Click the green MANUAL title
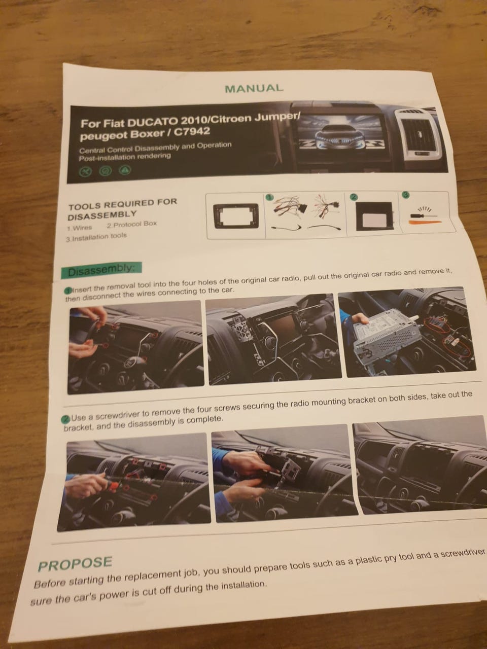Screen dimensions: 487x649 [x=254, y=88]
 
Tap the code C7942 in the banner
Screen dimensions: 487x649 [x=192, y=131]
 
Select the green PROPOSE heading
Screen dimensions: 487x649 [x=75, y=563]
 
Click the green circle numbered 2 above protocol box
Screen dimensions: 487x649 [x=354, y=197]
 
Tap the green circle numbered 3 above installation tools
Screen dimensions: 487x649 [x=406, y=195]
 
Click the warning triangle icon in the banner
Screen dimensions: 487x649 [x=125, y=170]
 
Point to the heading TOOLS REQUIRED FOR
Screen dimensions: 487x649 [x=122, y=204]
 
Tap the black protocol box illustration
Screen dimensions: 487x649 [x=374, y=216]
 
